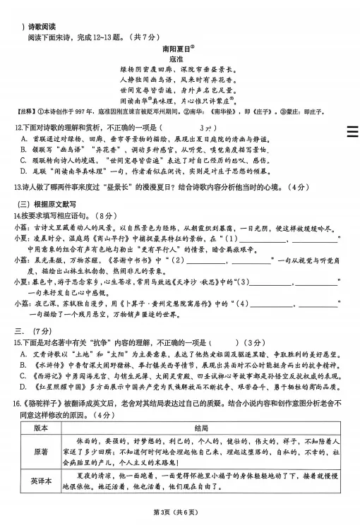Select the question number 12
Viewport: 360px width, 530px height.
18,127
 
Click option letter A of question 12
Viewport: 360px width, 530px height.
25,139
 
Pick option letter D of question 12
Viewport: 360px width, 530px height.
25,171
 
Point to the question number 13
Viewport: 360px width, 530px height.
18,187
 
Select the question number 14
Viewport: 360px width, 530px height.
18,214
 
